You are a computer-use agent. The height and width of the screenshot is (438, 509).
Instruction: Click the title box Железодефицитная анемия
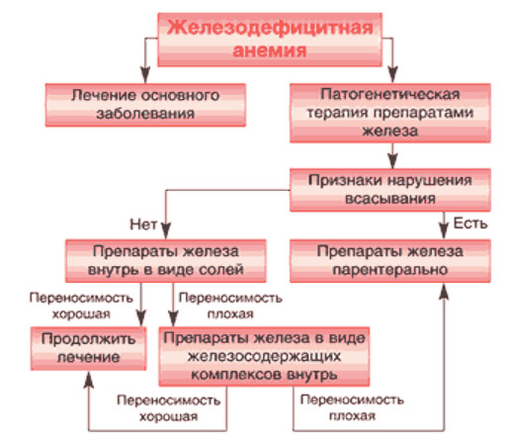point(270,40)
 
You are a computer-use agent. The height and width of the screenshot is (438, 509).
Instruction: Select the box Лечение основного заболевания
point(145,105)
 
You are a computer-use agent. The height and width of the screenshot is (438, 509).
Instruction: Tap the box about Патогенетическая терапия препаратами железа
point(390,113)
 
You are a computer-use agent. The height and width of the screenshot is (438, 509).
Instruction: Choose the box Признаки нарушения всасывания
point(390,190)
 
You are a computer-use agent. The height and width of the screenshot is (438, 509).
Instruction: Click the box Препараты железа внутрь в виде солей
point(166,261)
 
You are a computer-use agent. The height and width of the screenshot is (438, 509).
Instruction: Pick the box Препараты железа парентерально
point(390,261)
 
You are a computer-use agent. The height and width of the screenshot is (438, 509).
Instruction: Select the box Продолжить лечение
point(88,348)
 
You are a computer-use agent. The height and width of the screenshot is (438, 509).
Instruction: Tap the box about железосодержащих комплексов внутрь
point(264,357)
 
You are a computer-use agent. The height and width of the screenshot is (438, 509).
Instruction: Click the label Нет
point(143,224)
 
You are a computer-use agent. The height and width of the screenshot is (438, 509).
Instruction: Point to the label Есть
point(470,223)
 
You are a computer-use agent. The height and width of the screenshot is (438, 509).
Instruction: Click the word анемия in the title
point(270,50)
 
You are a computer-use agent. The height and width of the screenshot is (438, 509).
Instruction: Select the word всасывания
point(390,199)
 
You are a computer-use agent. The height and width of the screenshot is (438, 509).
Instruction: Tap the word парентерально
point(390,270)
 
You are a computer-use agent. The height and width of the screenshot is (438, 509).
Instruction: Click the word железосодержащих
point(264,356)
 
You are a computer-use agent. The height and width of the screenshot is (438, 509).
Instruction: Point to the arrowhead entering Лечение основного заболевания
point(145,75)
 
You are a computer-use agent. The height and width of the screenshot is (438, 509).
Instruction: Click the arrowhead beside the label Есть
point(444,230)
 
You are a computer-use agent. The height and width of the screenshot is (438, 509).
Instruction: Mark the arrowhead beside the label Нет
point(166,230)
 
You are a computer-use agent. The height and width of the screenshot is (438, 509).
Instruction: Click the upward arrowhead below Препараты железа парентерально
point(445,292)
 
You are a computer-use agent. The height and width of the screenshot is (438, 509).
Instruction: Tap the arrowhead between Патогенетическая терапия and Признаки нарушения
point(392,160)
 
